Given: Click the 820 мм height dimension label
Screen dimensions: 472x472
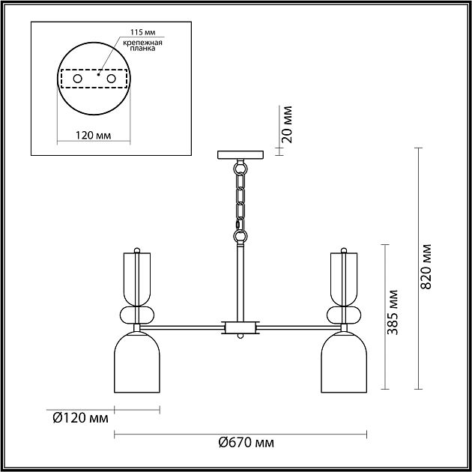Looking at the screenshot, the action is point(426,267).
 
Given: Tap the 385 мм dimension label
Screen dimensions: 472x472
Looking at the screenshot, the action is point(393,312).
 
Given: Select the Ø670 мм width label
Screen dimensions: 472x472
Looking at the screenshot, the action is point(246,443).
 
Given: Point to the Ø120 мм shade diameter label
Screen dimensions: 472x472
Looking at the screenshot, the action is point(80,418).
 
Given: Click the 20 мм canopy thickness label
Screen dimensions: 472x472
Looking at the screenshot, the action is point(286,124).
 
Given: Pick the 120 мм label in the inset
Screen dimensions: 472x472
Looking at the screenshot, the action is point(93,136).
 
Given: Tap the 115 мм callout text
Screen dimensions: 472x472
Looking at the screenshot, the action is point(142,32).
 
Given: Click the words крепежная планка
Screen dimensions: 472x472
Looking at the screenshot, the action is point(142,45).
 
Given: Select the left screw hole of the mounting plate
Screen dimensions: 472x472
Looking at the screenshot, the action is point(78,79).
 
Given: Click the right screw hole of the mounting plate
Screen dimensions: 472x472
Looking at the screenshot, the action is point(111,79).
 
